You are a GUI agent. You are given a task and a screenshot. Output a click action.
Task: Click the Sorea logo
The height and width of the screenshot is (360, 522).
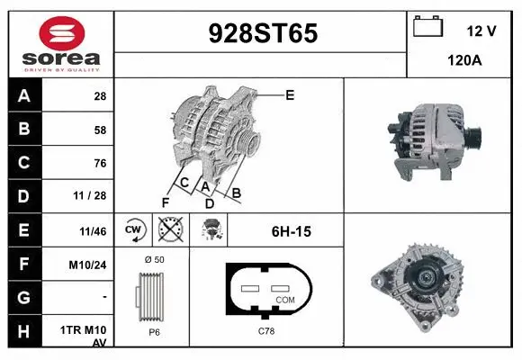tap(60, 44)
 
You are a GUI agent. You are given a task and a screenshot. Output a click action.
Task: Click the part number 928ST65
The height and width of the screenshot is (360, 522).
tap(263, 34)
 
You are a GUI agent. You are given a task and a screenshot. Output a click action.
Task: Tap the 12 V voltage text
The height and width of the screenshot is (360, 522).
tap(481, 31)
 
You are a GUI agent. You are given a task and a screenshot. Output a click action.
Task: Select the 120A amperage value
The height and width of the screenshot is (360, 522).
tap(465, 62)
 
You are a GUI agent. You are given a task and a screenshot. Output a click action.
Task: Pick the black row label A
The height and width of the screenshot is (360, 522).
tap(23, 95)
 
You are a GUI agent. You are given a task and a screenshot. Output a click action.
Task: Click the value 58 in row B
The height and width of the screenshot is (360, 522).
tap(99, 130)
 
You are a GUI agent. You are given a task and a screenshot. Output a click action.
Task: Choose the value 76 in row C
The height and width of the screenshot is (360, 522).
tap(99, 163)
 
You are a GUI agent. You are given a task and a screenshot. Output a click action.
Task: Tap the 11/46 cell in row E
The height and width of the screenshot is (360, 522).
tap(93, 231)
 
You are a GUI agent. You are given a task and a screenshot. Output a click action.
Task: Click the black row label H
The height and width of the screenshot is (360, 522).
tap(23, 330)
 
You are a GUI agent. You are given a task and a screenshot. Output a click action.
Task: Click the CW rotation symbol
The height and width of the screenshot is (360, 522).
tap(133, 230)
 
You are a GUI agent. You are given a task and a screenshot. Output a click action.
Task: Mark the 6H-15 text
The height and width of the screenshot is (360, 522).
tap(291, 231)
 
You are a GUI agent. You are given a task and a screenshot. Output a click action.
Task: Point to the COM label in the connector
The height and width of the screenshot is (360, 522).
tap(285, 299)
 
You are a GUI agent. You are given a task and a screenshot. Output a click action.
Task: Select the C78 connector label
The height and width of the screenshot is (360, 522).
tap(267, 332)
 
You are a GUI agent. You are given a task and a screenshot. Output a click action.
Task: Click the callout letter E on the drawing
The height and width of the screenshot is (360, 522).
tap(290, 94)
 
